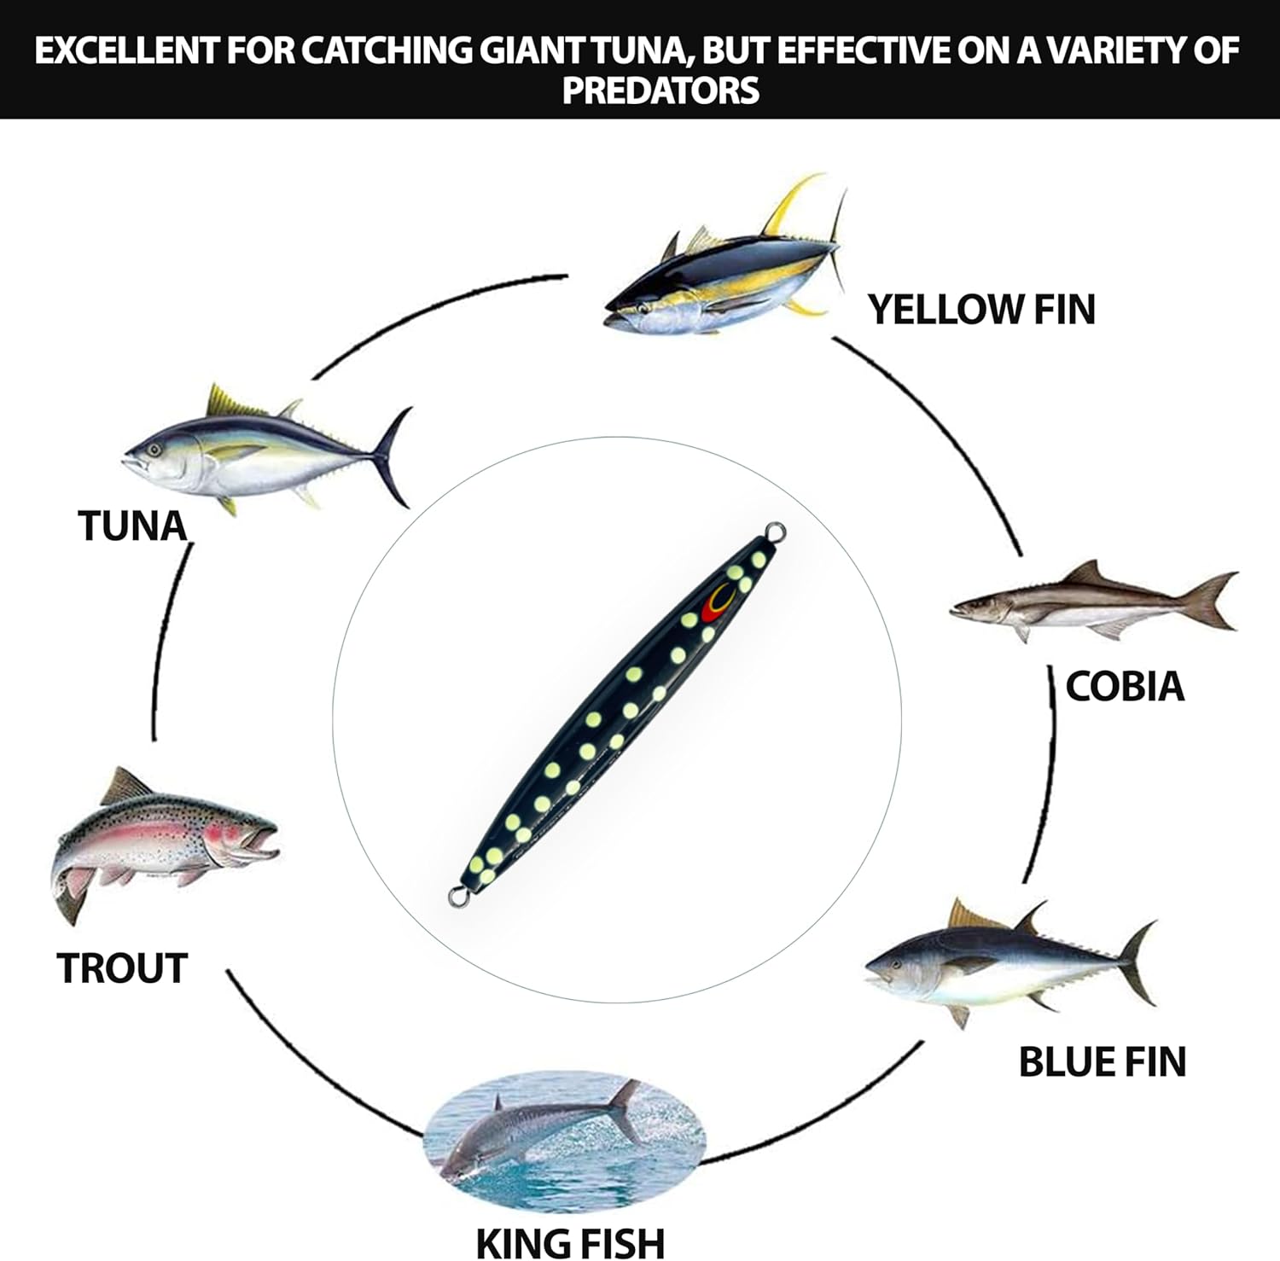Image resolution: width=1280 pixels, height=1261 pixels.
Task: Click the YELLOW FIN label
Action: [981, 309]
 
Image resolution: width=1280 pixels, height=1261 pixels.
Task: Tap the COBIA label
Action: [1125, 687]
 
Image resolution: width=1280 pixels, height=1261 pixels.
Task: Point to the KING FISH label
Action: [570, 1241]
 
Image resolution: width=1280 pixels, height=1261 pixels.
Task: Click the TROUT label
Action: [122, 968]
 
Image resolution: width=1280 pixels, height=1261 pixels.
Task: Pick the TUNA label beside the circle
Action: [132, 526]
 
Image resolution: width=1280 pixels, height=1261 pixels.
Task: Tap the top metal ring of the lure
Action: [776, 532]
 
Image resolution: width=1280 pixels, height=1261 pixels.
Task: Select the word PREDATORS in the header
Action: [660, 90]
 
